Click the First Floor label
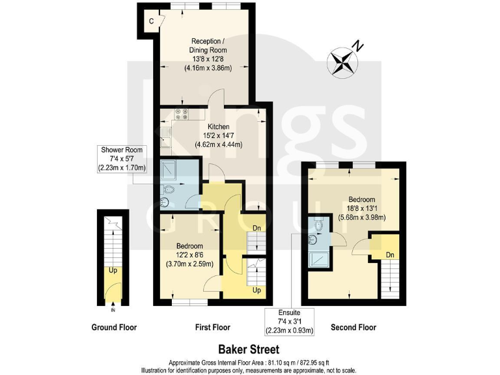212,327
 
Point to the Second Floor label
354,327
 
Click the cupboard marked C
151,21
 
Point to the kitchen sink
165,139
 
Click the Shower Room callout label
122,159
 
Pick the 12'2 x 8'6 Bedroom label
190,255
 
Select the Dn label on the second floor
390,255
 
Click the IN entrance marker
113,311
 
